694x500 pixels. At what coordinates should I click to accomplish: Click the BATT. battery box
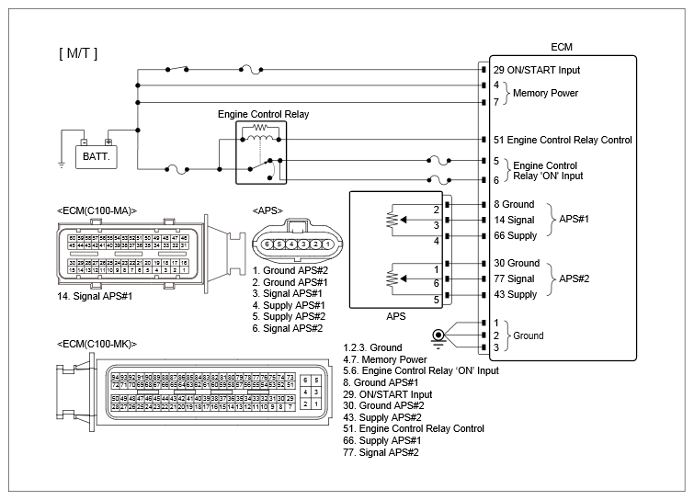point(96,156)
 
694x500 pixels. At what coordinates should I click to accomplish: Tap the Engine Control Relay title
point(263,115)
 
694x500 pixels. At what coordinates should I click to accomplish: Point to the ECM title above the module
point(562,47)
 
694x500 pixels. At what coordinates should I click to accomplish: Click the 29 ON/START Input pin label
point(537,70)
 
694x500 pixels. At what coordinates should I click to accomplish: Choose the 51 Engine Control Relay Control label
point(563,140)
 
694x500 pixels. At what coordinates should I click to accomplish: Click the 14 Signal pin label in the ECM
point(514,221)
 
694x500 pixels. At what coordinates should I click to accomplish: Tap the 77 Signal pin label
point(514,278)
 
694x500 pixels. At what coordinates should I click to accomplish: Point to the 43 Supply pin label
point(515,295)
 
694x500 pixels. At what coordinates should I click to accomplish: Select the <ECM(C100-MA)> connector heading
point(96,210)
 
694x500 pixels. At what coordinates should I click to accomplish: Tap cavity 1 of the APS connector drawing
point(327,244)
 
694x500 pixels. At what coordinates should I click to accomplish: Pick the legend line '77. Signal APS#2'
point(381,452)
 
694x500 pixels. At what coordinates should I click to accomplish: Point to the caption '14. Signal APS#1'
point(96,296)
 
